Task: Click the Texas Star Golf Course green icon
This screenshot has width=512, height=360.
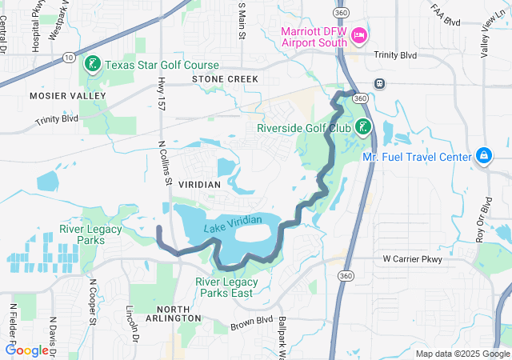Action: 93,64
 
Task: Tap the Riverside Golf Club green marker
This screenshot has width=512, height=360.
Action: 362,127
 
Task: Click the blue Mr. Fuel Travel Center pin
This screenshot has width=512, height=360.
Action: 483,155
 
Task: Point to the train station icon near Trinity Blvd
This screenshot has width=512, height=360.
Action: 378,83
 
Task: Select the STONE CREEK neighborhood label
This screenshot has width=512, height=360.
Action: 225,79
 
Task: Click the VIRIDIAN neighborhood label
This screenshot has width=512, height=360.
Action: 199,184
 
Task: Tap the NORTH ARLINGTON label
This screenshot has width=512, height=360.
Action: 168,313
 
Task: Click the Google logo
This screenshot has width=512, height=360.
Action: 26,350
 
